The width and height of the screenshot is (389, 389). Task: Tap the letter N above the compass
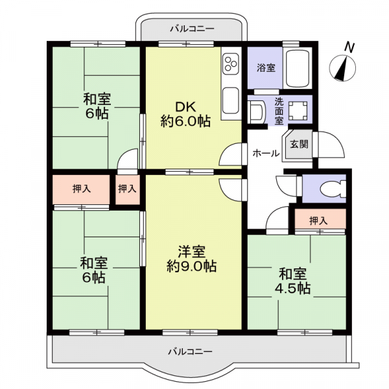(x=349, y=47)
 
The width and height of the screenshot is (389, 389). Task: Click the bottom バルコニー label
(x=190, y=351)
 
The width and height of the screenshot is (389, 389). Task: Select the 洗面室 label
(x=279, y=110)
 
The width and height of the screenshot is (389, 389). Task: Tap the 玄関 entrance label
(x=299, y=144)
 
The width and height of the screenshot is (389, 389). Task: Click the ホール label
(x=265, y=154)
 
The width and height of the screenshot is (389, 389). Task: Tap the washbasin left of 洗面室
(x=257, y=112)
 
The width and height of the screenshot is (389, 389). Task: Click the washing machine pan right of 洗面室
(x=299, y=110)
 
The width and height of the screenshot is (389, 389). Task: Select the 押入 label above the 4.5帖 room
(x=318, y=220)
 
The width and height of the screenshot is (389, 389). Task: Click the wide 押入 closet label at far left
(x=81, y=189)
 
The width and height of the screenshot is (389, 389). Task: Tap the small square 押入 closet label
(x=128, y=189)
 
